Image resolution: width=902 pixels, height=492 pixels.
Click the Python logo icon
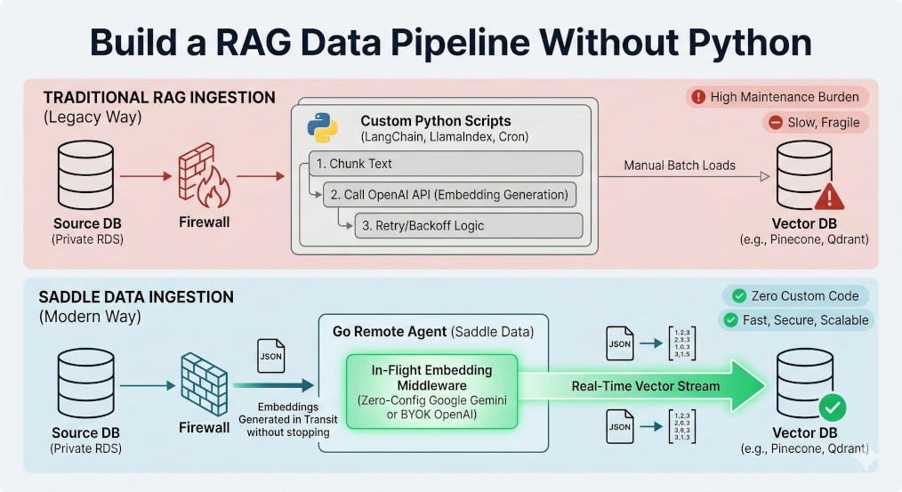tap(322, 127)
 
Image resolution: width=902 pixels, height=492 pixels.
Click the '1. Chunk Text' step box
tap(445, 164)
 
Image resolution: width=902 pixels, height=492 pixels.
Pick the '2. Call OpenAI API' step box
tap(450, 194)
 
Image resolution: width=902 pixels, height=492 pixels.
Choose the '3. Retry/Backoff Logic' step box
tap(468, 225)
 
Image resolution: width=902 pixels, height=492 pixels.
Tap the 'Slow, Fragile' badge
tap(815, 123)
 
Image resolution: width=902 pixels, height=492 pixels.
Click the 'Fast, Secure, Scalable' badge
tap(795, 320)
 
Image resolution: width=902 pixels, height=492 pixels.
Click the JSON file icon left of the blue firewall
tap(270, 355)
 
